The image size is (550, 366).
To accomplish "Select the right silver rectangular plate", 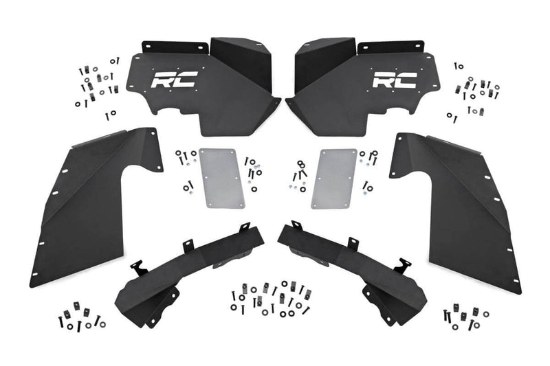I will [x=332, y=178].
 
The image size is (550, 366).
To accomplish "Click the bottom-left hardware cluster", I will [x=79, y=318].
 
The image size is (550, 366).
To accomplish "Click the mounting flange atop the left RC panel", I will [x=175, y=47].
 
